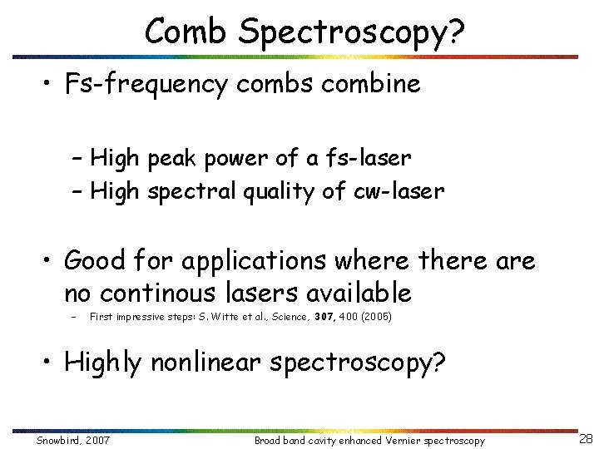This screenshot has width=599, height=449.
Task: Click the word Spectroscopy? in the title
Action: coord(351,32)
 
